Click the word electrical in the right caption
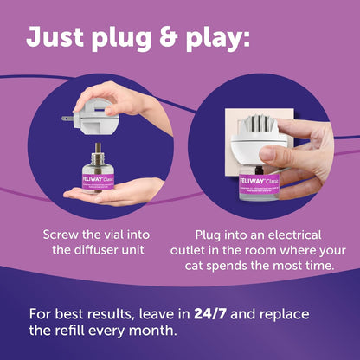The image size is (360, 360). [297, 235]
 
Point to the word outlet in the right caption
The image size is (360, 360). [209, 251]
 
